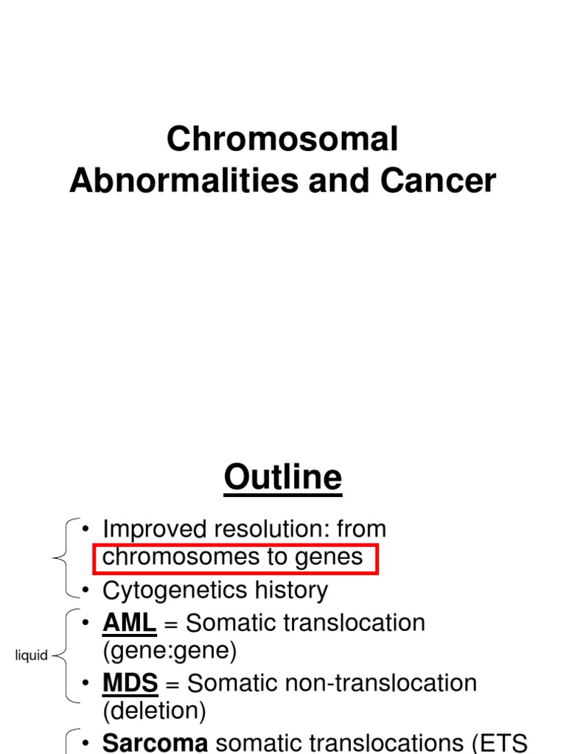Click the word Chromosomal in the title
tap(282, 138)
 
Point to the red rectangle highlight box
tap(236, 559)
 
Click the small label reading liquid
tap(32, 655)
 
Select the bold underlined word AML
tap(129, 623)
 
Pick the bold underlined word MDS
tap(130, 683)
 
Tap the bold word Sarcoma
tap(155, 743)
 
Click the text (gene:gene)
tap(170, 651)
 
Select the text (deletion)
tap(154, 711)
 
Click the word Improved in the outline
tap(153, 529)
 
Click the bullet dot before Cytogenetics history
tap(86, 590)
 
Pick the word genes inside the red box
tap(329, 557)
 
